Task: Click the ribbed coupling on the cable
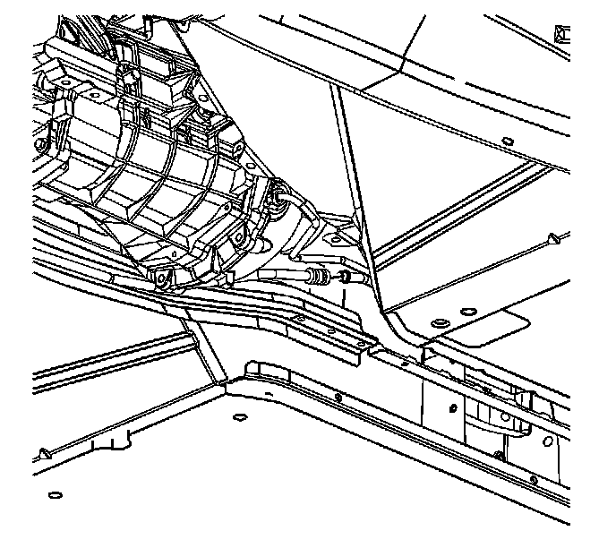coord(316,274)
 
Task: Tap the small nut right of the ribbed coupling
coord(343,276)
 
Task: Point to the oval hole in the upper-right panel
coord(507,142)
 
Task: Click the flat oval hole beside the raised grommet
coord(466,311)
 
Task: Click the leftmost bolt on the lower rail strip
coord(337,396)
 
